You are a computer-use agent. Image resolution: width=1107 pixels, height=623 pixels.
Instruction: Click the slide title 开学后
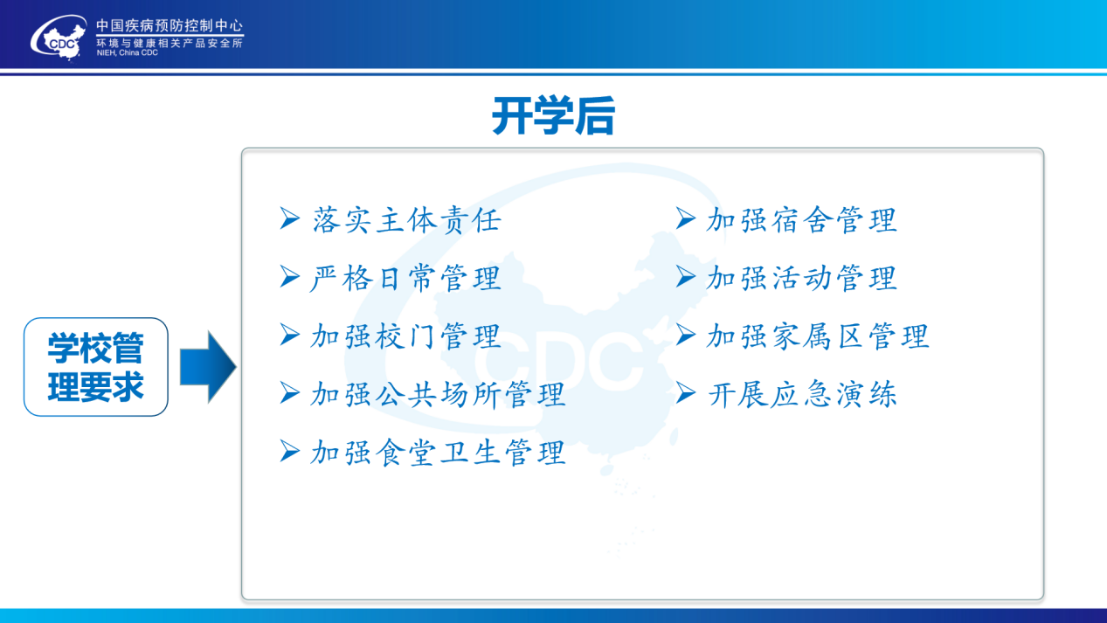tap(554, 116)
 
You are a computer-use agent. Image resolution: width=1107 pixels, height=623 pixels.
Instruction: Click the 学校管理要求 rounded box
tap(96, 367)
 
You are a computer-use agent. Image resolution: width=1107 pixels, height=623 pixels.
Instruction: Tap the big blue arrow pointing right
tap(208, 367)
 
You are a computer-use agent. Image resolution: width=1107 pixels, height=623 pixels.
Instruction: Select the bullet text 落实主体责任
tap(407, 220)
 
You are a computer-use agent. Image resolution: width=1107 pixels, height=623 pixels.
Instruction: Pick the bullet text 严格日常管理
tap(405, 278)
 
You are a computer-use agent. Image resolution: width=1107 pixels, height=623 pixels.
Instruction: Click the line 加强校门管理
tap(405, 336)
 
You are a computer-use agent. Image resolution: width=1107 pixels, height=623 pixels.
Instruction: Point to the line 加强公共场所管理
tap(438, 395)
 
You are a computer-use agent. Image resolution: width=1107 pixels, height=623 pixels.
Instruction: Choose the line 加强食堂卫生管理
tap(438, 453)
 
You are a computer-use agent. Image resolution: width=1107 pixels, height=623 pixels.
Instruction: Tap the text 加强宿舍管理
tap(801, 220)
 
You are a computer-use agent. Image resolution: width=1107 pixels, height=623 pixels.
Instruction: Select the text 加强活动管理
tap(801, 278)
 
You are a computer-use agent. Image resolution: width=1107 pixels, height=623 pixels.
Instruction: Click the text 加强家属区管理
tap(818, 336)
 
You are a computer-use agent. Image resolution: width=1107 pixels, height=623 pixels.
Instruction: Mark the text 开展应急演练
tap(801, 395)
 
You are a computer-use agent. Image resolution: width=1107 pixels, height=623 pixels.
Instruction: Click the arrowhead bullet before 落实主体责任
tap(289, 218)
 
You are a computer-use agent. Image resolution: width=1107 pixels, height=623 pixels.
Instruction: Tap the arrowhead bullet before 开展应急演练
tap(686, 393)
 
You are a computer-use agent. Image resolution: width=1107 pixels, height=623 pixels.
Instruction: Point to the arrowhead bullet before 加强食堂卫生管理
tap(289, 452)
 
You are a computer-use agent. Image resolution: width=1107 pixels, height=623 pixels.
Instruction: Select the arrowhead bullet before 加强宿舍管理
tap(686, 218)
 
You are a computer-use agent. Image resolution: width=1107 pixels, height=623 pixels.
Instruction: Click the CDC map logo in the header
tap(59, 38)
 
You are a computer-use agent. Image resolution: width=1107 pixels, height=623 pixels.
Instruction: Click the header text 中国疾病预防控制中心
tap(170, 25)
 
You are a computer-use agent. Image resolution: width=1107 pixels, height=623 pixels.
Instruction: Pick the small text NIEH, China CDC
tap(127, 53)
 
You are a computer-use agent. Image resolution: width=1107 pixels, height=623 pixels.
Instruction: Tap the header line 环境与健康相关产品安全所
tap(170, 43)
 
